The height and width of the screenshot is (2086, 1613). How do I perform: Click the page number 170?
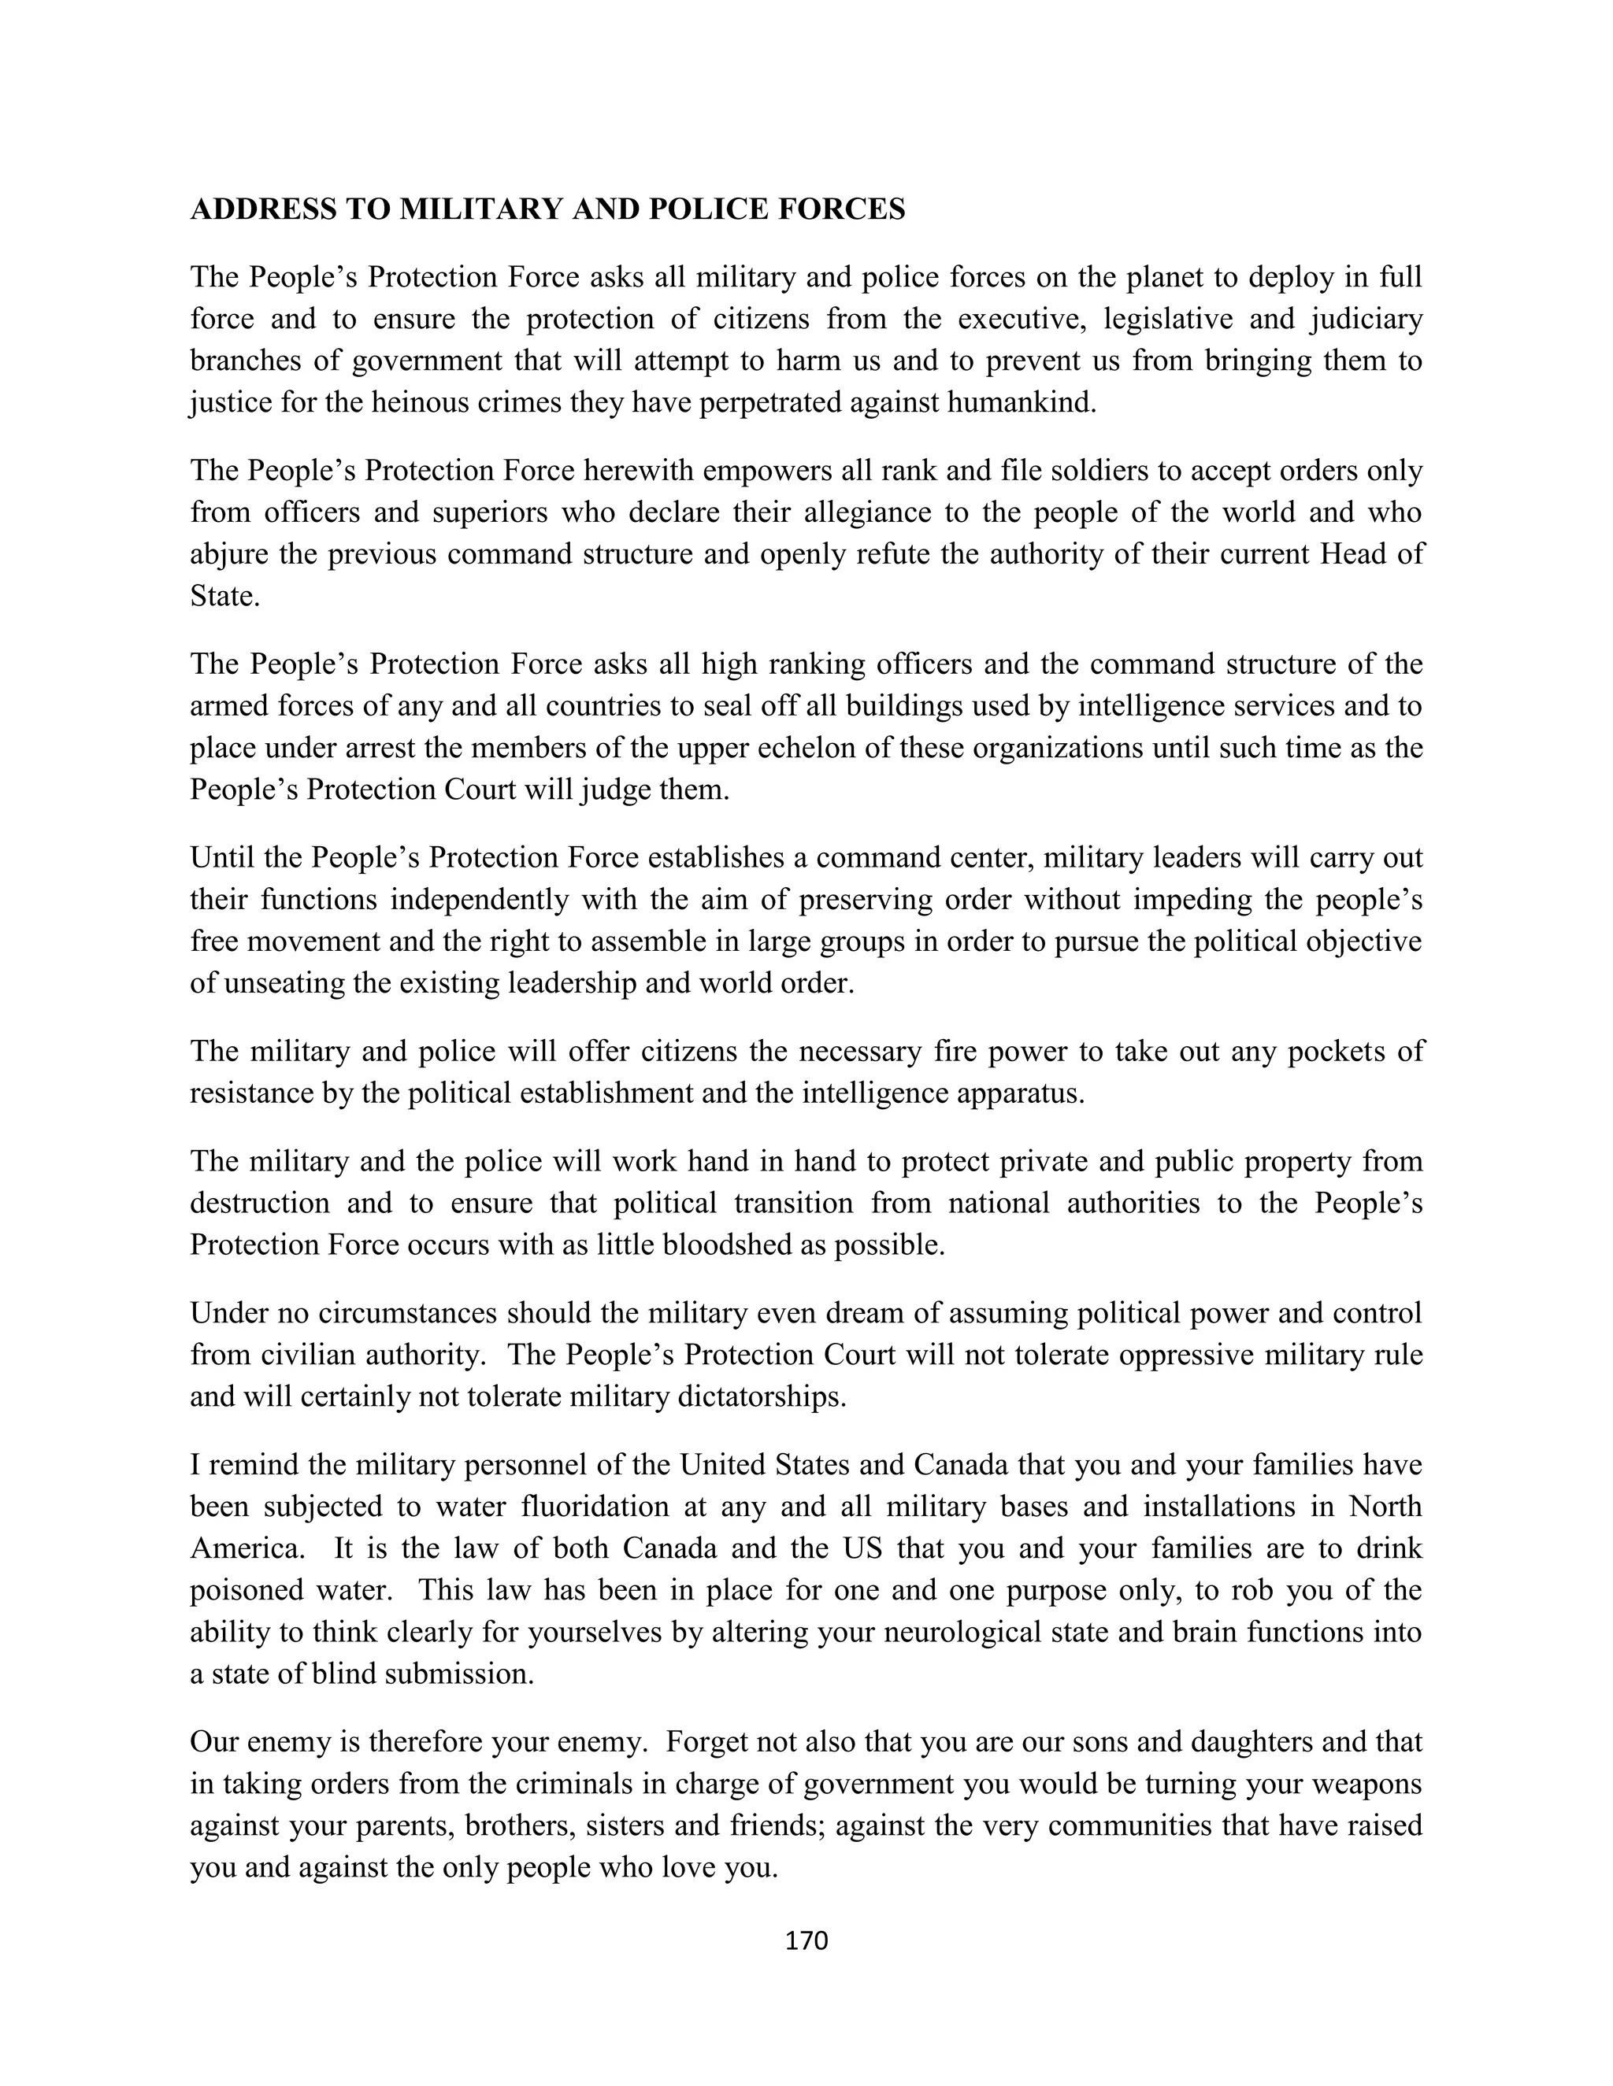(x=806, y=1940)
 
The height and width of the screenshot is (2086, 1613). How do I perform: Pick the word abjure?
(x=225, y=554)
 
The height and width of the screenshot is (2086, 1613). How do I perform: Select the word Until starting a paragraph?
(x=223, y=858)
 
